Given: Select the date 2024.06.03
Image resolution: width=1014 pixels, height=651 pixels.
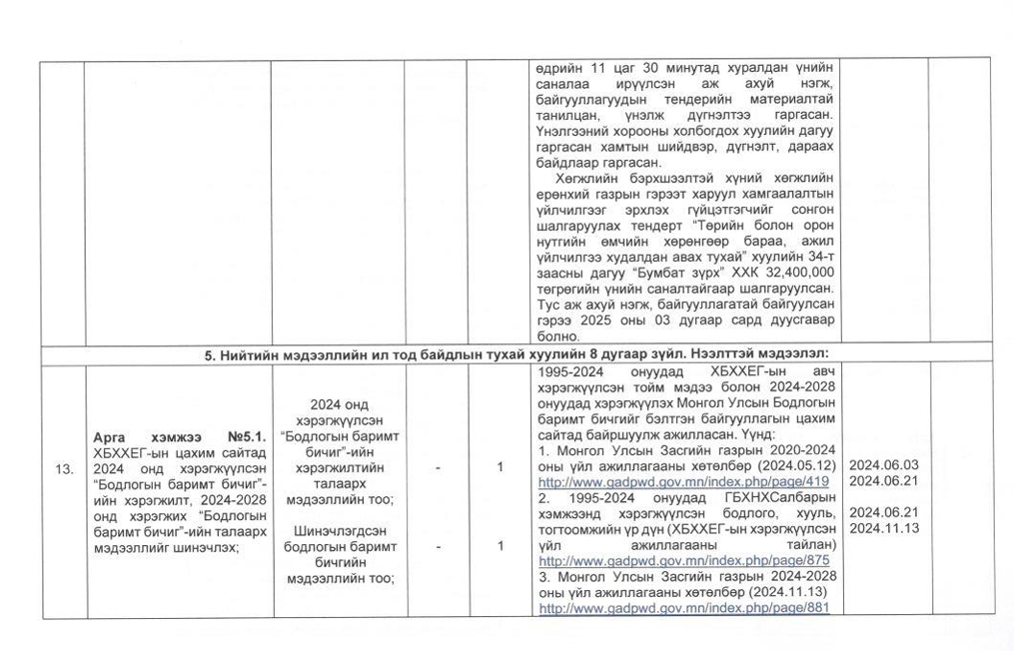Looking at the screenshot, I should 883,465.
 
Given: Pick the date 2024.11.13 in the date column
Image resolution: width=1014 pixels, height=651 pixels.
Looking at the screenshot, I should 883,527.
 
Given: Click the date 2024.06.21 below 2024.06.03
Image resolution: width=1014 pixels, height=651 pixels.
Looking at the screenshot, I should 883,481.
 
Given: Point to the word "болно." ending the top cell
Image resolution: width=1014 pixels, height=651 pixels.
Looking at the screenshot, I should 557,337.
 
